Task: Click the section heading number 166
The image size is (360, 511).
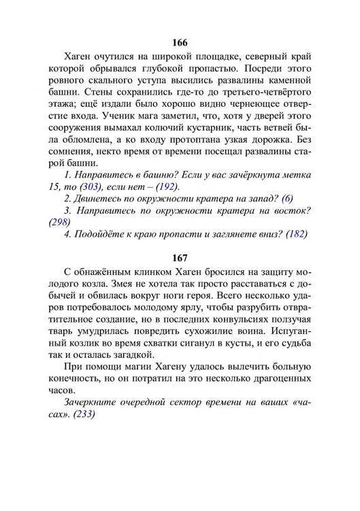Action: point(180,41)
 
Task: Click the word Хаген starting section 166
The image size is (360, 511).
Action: point(79,56)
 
